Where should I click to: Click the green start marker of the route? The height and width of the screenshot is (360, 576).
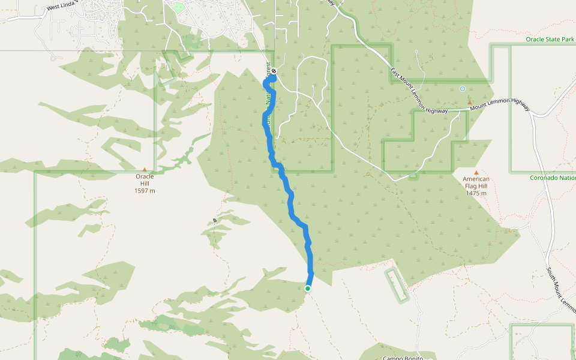coord(308,289)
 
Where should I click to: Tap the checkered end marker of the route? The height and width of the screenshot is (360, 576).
coord(274,71)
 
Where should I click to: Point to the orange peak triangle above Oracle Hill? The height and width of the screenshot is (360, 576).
coord(145,170)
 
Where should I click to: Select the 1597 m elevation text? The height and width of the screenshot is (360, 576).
coord(145,191)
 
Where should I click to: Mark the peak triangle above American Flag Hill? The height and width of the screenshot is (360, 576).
coord(476,172)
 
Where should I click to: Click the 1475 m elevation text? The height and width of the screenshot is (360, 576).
coord(476,193)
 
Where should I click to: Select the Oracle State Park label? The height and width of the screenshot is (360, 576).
coord(550,39)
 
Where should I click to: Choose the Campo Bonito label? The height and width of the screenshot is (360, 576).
coord(403,358)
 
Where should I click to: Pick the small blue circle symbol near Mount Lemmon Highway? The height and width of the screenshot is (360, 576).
coord(462,89)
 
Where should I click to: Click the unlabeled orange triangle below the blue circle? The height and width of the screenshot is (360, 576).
coord(469,102)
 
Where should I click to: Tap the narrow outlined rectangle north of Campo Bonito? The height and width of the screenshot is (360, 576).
coord(397,285)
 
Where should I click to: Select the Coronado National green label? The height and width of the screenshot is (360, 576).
coord(553,178)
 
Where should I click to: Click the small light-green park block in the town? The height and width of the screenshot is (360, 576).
coord(179,8)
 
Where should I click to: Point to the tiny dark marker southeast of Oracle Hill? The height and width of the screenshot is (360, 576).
coord(214,221)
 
